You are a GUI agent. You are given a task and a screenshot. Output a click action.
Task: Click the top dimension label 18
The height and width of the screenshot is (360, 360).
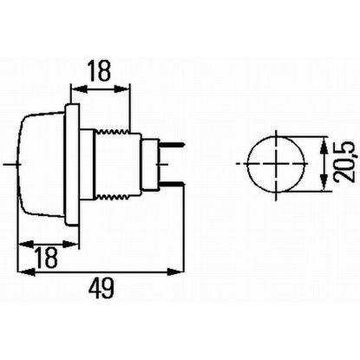[100, 71]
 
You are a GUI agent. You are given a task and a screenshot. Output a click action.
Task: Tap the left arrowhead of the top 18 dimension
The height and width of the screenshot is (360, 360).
[73, 88]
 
